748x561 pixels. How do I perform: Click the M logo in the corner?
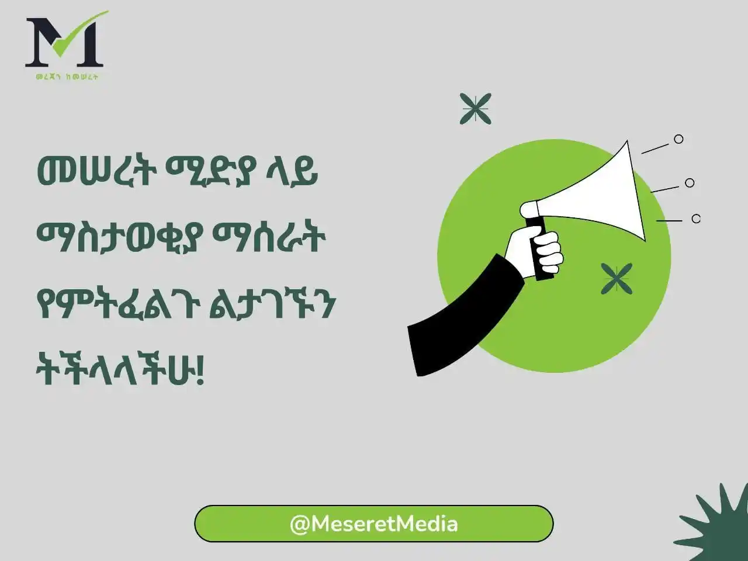click(x=64, y=42)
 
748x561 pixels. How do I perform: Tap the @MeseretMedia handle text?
click(x=373, y=524)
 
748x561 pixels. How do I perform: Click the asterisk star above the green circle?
click(x=475, y=109)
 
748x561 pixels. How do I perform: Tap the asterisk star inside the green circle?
click(x=617, y=279)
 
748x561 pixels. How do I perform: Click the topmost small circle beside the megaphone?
click(x=678, y=139)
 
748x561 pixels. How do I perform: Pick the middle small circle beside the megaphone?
click(x=690, y=183)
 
